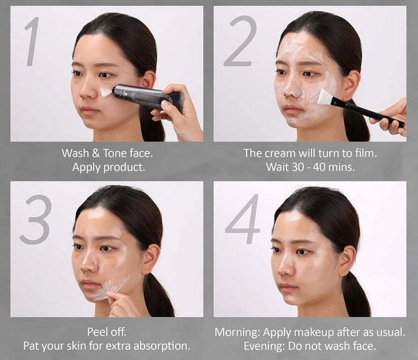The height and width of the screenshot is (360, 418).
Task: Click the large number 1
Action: (33, 41)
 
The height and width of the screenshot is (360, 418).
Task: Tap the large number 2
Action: (239, 41)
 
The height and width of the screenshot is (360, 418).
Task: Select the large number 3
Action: (35, 220)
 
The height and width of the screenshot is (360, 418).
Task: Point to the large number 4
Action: (242, 219)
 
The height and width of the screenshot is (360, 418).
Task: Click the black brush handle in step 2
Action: (368, 112)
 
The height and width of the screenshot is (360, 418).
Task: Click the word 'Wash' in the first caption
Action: (75, 153)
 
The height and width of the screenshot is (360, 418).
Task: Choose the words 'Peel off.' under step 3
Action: (107, 331)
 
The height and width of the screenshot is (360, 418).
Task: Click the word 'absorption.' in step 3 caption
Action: (162, 346)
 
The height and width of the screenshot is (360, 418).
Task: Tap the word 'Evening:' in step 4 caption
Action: (265, 347)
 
